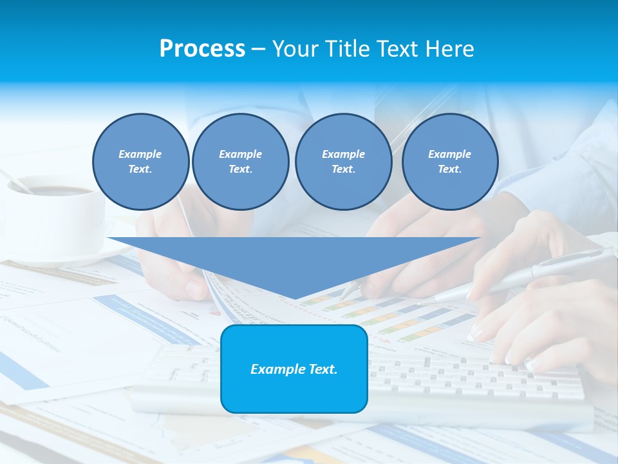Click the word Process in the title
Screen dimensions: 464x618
click(202, 49)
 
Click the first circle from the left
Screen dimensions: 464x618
click(140, 162)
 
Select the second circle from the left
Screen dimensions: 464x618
click(241, 162)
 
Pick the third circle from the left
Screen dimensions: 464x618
click(343, 162)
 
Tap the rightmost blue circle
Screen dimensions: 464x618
click(450, 162)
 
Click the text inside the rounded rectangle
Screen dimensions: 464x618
click(294, 369)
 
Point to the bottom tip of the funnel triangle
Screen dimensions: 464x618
click(295, 298)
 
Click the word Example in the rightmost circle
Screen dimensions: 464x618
click(449, 154)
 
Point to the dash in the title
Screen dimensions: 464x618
click(259, 49)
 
